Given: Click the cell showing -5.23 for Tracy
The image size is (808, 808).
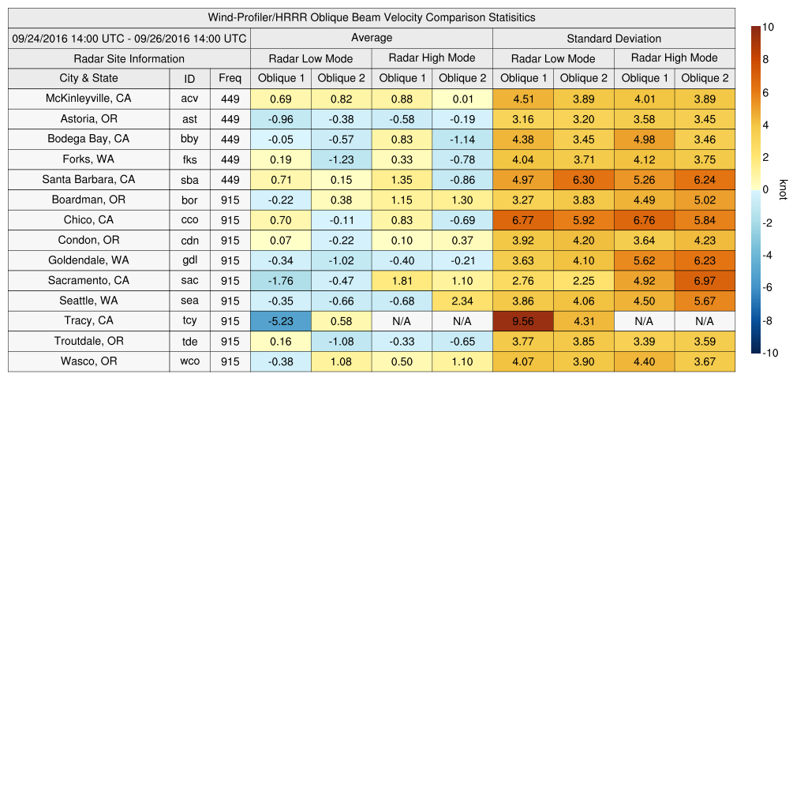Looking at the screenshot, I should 281,321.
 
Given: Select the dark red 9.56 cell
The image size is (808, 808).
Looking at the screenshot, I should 523,321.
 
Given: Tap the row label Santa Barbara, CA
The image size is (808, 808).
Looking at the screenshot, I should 88,180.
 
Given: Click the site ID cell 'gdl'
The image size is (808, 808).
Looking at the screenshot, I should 189,260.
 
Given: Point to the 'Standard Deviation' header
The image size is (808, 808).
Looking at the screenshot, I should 614,39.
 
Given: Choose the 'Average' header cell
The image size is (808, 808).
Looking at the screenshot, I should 371,38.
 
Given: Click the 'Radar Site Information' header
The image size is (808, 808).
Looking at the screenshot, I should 129,59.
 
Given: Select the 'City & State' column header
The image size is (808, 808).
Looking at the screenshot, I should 88,78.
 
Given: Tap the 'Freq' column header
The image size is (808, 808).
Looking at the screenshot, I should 230,78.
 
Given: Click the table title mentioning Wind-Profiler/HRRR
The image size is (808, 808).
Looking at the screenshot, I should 371,17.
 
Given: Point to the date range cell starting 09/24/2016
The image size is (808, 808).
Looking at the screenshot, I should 129,39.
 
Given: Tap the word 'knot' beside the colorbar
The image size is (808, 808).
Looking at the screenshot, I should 783,190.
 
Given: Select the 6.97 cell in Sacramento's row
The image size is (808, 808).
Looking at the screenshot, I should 705,281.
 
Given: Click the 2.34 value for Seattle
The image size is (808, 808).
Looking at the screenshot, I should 462,301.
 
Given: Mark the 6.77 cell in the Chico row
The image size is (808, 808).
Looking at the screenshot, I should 523,220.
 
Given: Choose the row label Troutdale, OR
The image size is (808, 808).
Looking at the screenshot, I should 88,342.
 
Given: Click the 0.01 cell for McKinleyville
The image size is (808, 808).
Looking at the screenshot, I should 462,99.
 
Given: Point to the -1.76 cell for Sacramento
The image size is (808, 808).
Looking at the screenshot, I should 281,281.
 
